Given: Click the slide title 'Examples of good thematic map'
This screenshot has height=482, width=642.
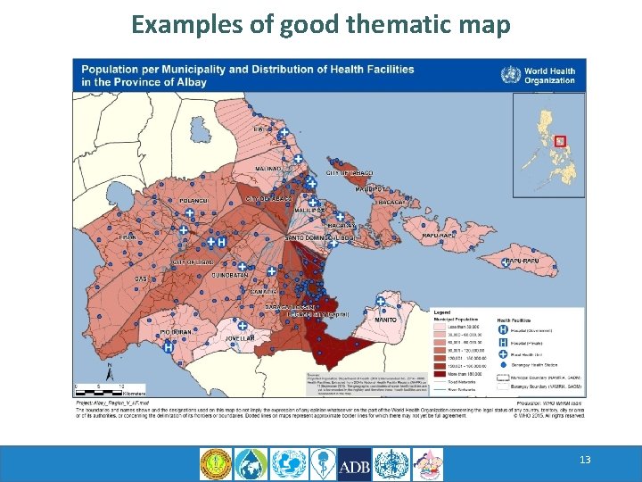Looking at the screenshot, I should click(321, 24).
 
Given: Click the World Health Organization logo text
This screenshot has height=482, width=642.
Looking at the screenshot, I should click(549, 75).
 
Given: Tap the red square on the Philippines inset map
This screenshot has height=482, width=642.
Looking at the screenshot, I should click(560, 140).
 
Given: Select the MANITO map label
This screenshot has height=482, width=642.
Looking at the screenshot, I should click(385, 320).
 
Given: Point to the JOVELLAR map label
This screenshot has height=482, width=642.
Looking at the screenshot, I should click(239, 339).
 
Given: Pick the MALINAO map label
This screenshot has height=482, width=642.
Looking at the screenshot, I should click(268, 168).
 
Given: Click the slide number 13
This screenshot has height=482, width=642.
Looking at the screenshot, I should click(585, 460).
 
